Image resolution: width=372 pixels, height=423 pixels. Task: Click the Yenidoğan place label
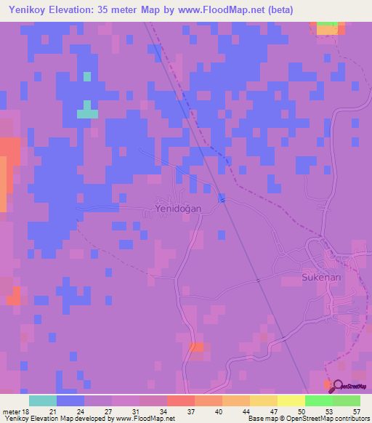(x=178, y=209)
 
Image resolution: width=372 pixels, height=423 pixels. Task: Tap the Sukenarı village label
(x=321, y=278)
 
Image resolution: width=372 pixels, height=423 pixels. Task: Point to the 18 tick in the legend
(x=25, y=411)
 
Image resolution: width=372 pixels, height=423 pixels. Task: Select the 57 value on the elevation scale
(x=356, y=411)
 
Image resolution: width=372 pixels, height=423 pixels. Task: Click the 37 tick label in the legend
(x=190, y=411)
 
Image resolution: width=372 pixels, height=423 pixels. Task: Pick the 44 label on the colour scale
(x=246, y=411)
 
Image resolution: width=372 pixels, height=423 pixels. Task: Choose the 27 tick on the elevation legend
(x=108, y=411)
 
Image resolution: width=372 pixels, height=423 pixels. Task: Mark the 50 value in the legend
(x=301, y=411)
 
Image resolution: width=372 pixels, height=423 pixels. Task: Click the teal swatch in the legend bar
(x=43, y=401)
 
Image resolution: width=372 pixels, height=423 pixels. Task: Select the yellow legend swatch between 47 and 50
(x=291, y=401)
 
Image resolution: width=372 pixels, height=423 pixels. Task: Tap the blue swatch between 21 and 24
(x=70, y=401)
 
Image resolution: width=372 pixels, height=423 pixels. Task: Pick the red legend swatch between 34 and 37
(x=181, y=401)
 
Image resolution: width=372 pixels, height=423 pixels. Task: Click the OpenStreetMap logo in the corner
(x=346, y=386)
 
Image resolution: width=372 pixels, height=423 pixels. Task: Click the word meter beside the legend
(x=10, y=411)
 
